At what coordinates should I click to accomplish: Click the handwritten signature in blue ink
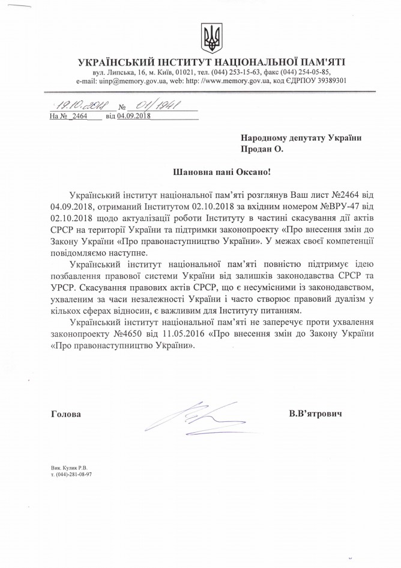coord(186,415)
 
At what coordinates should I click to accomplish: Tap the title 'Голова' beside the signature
coord(65,414)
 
